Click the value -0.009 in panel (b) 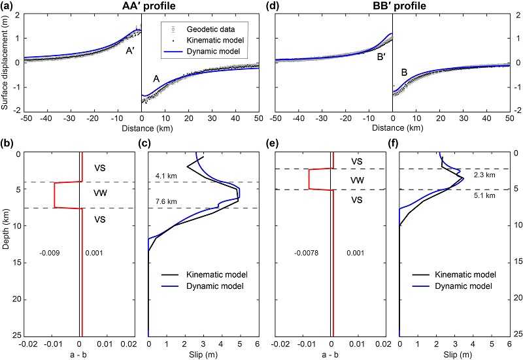pos(50,252)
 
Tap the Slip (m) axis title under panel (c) pos(202,354)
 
